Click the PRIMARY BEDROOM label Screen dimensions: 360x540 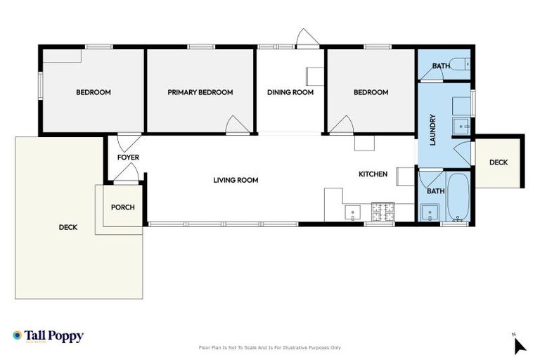(x=200, y=92)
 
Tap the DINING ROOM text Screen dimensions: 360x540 (x=290, y=92)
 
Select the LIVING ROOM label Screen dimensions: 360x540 (x=236, y=180)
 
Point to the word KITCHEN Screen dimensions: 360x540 (x=373, y=174)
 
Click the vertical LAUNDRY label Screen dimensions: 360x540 (x=433, y=130)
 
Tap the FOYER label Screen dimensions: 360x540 (x=128, y=157)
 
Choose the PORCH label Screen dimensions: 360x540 (x=122, y=207)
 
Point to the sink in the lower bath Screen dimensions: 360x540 (x=429, y=212)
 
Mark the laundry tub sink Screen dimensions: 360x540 (x=460, y=126)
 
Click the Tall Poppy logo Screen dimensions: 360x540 (x=48, y=336)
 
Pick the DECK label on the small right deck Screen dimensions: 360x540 (x=498, y=162)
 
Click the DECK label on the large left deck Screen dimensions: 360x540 (x=68, y=227)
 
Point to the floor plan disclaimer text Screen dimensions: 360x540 (x=270, y=347)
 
